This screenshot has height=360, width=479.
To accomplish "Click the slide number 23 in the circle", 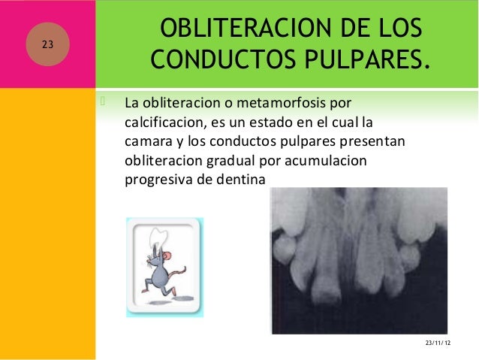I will point(47,44).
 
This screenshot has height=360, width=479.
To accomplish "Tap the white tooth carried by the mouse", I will point(159,234).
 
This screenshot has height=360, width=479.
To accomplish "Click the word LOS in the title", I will point(390,29).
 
